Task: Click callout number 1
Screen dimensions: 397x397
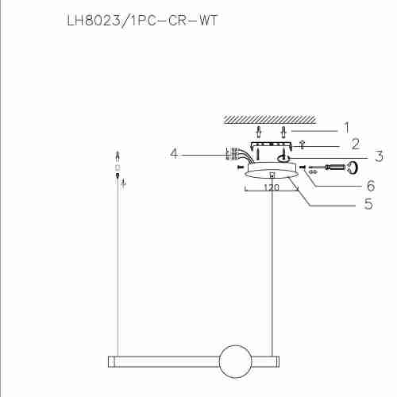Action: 346,127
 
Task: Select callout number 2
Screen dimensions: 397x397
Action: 355,144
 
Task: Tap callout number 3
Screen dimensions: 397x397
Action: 357,156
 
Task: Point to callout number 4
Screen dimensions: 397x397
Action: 174,153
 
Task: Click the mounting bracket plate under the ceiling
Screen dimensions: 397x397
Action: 270,146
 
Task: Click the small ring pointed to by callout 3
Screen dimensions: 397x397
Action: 283,159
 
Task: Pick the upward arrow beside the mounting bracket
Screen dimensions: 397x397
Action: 303,145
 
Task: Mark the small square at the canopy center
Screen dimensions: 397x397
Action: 273,175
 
